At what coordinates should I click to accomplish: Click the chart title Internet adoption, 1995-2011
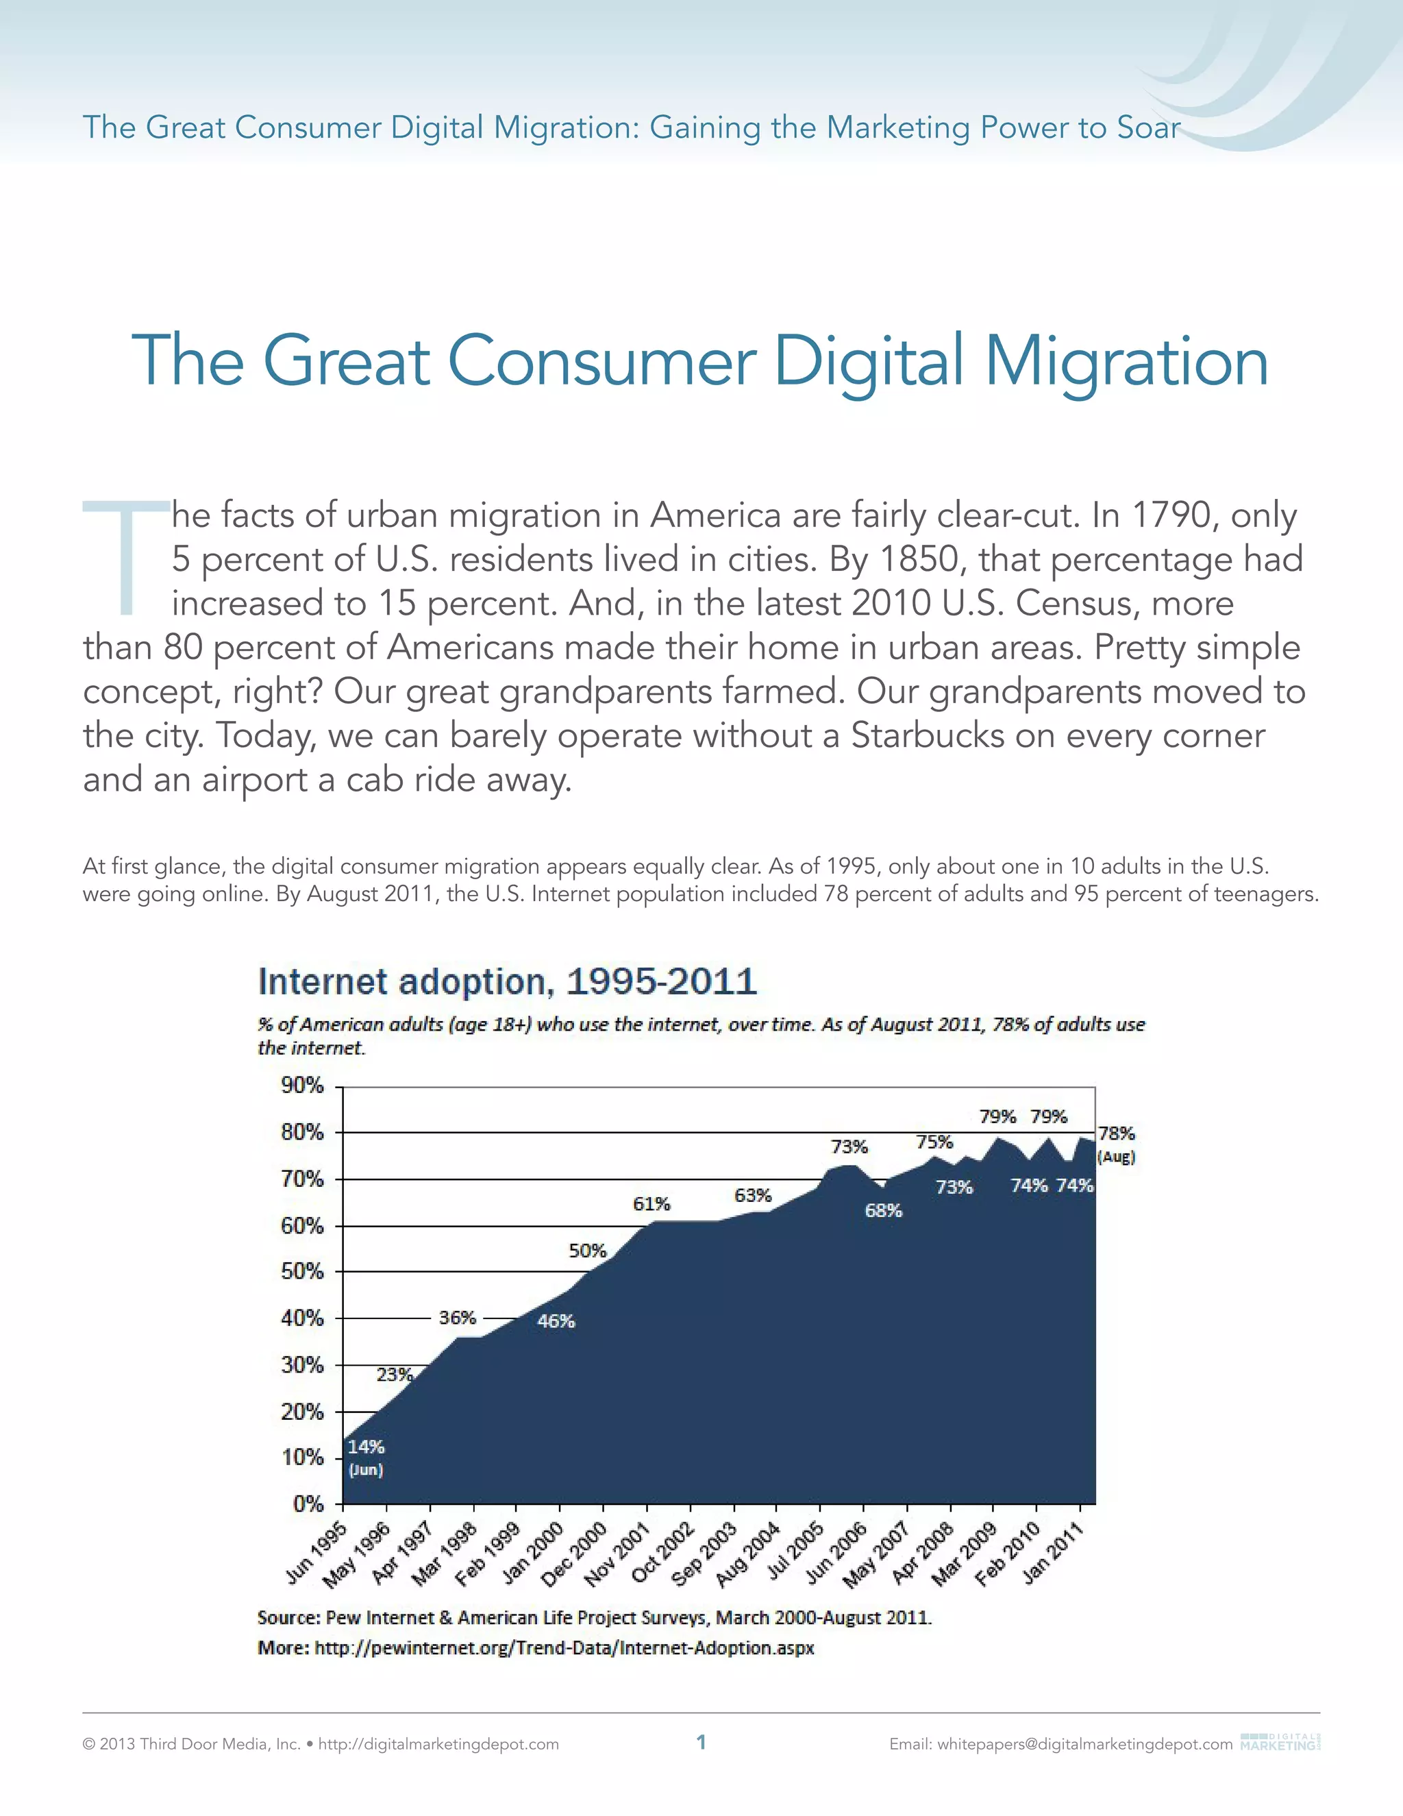pos(507,981)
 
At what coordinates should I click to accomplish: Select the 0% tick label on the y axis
pos(308,1504)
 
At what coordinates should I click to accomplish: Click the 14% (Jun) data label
pos(366,1458)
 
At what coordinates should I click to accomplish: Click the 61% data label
pos(651,1203)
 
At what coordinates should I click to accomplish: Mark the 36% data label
pos(457,1317)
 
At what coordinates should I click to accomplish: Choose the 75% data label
pos(934,1142)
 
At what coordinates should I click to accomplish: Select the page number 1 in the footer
pos(701,1742)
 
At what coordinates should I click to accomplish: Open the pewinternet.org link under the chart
pos(564,1647)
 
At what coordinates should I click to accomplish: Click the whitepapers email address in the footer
pos(1084,1743)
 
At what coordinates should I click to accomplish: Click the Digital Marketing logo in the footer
pos(1279,1741)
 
